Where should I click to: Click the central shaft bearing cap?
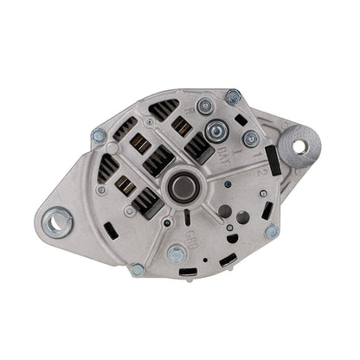pyautogui.click(x=182, y=186)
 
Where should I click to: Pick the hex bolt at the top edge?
pyautogui.click(x=233, y=96)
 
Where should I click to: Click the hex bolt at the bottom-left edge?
pyautogui.click(x=137, y=269)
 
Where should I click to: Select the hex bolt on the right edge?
pyautogui.click(x=272, y=231)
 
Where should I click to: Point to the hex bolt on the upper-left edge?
pyautogui.click(x=99, y=136)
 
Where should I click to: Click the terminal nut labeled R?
pyautogui.click(x=205, y=106)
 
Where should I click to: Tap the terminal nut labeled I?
pyautogui.click(x=251, y=138)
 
